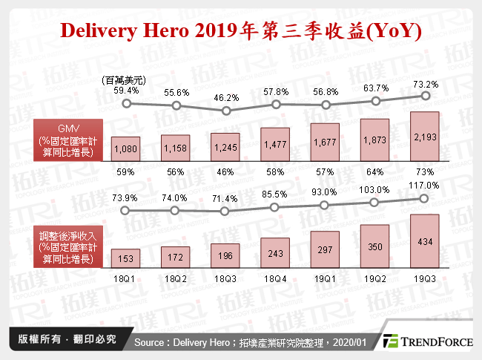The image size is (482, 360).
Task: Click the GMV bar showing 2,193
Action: point(425,136)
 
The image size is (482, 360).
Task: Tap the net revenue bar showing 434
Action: point(425,240)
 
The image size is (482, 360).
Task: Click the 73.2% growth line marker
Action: point(425,95)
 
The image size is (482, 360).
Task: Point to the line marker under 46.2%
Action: point(225,111)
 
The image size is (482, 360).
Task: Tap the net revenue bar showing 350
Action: point(375,246)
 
